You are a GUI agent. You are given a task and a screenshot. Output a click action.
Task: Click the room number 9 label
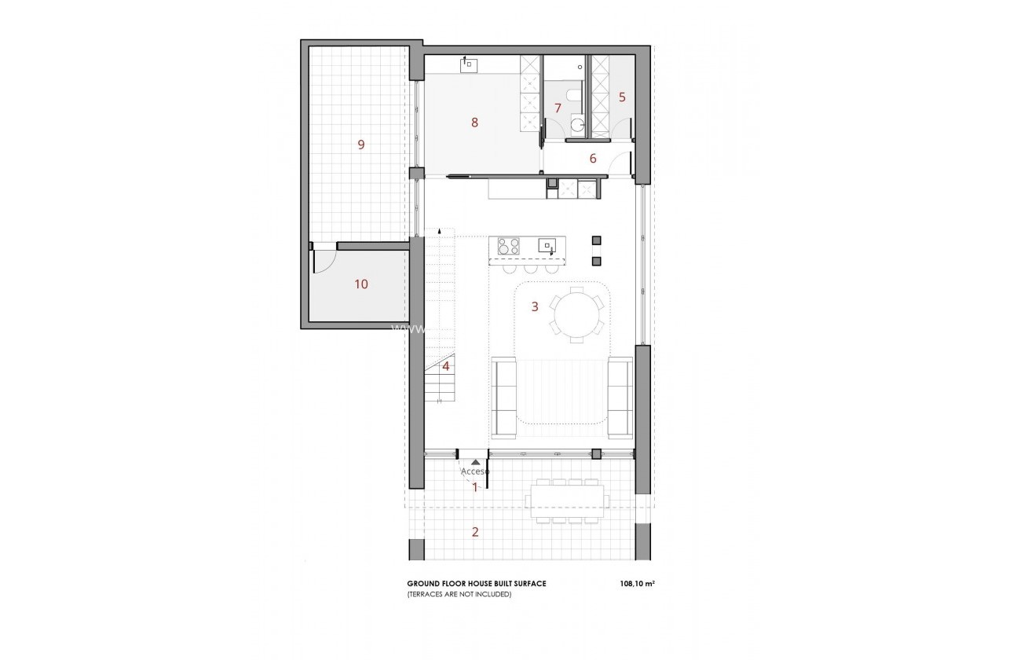click(361, 145)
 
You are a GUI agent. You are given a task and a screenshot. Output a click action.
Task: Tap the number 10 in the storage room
click(361, 284)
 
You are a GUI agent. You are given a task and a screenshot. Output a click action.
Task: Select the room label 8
click(474, 122)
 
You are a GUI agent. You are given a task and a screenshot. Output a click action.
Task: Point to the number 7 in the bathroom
click(558, 108)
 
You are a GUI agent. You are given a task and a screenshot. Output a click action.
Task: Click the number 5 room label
click(622, 97)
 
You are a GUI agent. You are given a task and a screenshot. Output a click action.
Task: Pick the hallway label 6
click(593, 159)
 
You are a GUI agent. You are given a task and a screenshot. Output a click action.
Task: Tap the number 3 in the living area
click(535, 306)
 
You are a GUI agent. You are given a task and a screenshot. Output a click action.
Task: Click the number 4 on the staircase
click(445, 366)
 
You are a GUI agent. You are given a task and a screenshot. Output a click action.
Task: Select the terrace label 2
click(475, 532)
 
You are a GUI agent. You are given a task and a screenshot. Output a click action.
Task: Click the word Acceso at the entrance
click(474, 471)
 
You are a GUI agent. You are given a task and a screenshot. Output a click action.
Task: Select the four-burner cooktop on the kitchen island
click(508, 246)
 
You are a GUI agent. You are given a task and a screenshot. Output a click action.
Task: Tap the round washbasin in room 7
click(578, 124)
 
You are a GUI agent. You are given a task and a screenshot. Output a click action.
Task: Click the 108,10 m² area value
click(636, 584)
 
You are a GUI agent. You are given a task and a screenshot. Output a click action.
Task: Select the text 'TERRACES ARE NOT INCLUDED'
click(459, 595)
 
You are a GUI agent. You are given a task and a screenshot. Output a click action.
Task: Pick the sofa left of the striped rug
click(503, 397)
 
